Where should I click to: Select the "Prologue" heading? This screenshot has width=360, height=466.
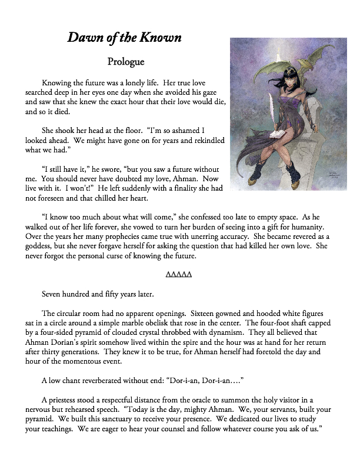click(126, 61)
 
